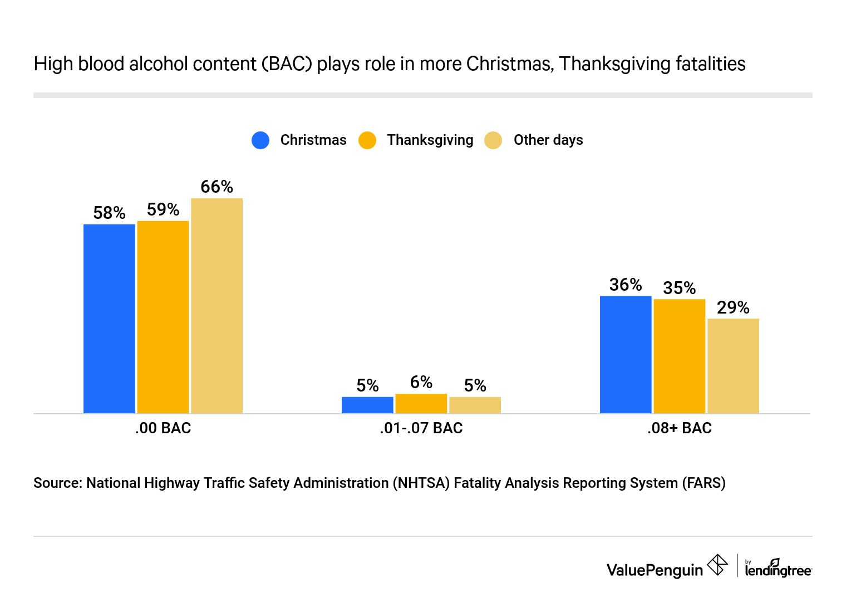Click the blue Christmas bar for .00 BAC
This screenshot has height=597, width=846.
[x=109, y=319]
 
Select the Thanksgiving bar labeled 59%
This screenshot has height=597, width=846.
[x=163, y=317]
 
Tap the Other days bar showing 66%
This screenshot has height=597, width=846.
[x=217, y=306]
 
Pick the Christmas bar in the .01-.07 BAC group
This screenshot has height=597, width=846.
[x=367, y=405]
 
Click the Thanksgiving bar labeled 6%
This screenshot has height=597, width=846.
[x=421, y=403]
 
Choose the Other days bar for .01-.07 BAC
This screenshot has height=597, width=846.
[x=475, y=405]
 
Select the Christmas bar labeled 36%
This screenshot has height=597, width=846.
[x=626, y=355]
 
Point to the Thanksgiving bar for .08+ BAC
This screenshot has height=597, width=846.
[x=680, y=356]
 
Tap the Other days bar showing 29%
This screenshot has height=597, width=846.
[x=733, y=366]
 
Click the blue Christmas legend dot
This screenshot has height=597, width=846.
[x=260, y=140]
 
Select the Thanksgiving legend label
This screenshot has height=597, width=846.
[x=430, y=140]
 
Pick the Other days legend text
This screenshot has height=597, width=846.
[x=548, y=140]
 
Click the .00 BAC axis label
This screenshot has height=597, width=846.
[x=163, y=428]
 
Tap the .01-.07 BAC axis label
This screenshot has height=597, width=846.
[x=421, y=428]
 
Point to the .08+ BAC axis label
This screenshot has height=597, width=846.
[x=680, y=428]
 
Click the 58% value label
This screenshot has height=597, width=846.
[x=109, y=213]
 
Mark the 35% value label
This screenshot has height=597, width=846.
[x=680, y=288]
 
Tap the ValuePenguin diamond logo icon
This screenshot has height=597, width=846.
[x=717, y=565]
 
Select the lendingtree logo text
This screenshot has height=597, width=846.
[x=778, y=570]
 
